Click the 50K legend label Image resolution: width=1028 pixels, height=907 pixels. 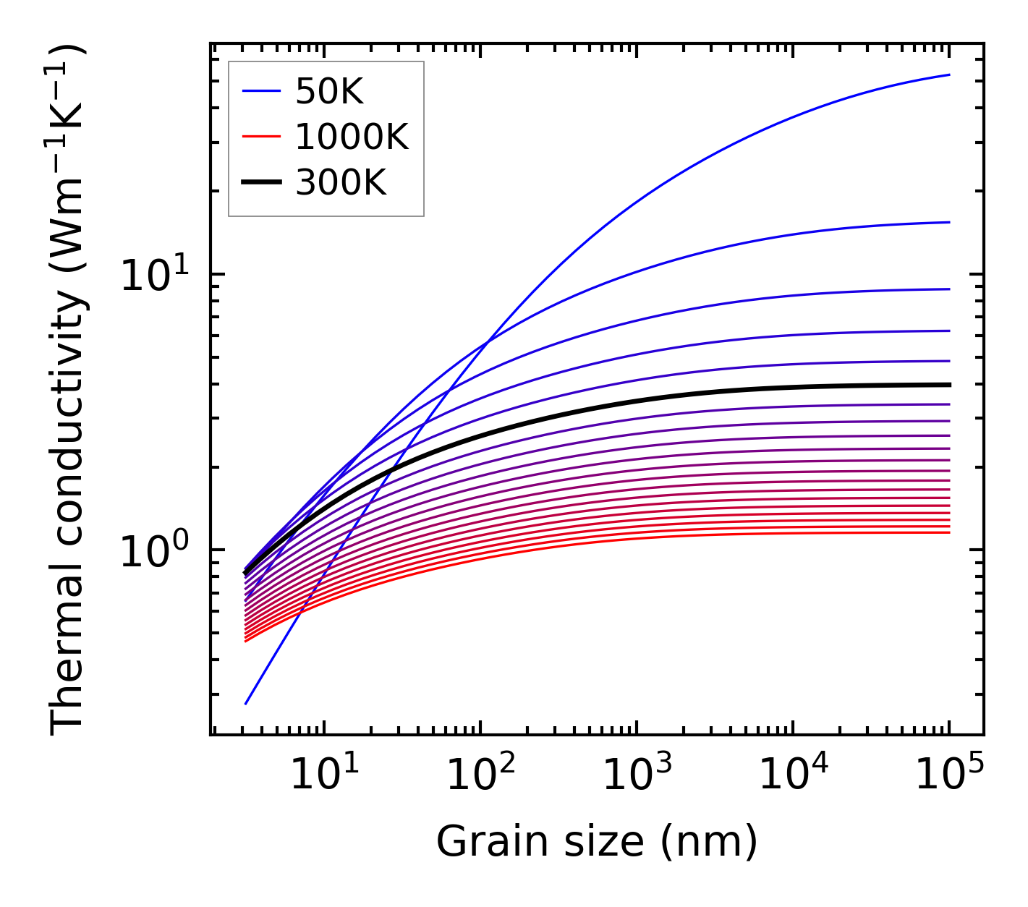pos(329,92)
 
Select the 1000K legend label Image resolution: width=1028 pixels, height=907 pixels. pos(352,137)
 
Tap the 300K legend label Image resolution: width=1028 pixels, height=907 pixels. pos(341,183)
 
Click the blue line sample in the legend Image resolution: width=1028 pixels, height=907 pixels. pos(261,91)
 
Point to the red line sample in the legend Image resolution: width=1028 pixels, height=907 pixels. pos(261,137)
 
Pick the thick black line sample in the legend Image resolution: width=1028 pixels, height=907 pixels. pos(261,183)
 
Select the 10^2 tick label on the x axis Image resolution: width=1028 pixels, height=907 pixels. pos(480,775)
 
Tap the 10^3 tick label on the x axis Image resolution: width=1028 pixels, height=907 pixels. pos(636,775)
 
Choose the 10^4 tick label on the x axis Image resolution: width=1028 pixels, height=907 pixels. pos(793,775)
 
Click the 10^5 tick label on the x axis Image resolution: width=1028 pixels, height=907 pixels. pos(949,775)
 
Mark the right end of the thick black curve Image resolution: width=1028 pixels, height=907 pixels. pos(949,385)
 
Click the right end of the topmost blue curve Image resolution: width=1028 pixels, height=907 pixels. pos(949,74)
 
